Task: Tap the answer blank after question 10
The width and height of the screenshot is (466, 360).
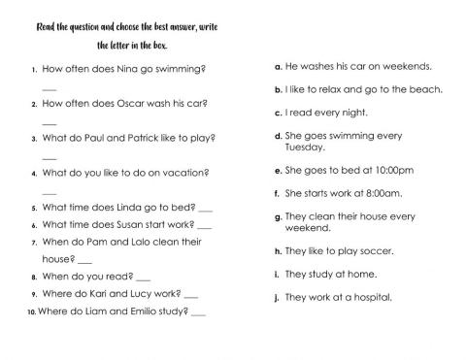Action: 199,312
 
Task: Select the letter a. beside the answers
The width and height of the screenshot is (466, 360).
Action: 279,68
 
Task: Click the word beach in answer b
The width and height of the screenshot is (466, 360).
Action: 424,89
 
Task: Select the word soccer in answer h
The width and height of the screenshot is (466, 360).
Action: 374,250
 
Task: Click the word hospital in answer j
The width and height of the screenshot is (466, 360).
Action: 371,297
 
